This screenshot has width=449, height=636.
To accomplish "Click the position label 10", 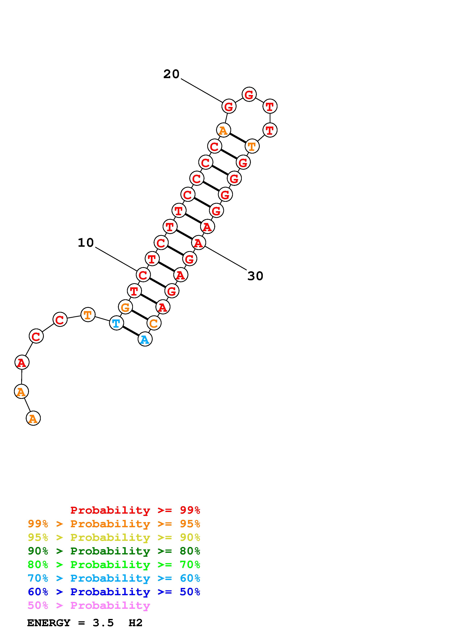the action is (86, 243).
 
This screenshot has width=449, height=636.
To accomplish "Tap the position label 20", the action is (171, 74).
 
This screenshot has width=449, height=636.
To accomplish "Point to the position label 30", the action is (255, 276).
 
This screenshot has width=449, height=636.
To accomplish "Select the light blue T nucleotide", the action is (116, 323).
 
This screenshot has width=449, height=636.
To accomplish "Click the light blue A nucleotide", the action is (145, 340).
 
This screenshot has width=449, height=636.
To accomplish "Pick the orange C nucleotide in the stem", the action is (154, 323).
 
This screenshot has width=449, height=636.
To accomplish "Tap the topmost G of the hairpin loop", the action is (249, 94).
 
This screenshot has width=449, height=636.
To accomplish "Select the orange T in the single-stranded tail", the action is (88, 315).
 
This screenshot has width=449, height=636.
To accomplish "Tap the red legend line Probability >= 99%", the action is (135, 510).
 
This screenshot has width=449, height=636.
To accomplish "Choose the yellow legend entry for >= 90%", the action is (114, 537).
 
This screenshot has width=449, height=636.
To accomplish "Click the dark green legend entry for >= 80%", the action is (114, 551).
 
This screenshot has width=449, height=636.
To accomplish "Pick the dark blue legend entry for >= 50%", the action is (114, 592).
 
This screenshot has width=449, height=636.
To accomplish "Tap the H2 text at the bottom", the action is (135, 623).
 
